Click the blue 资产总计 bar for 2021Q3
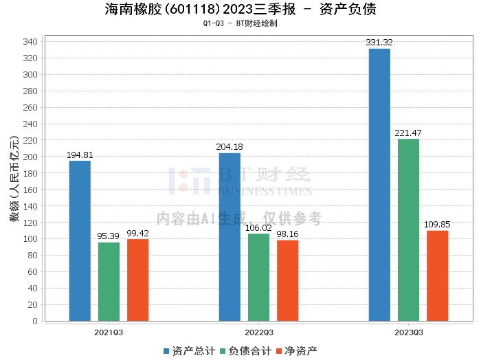coord(80,240)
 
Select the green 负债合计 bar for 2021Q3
coord(109,282)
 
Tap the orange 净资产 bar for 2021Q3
coord(137,280)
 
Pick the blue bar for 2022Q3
coord(230,237)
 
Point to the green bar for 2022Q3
coord(258,277)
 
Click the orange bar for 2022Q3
coord(287,280)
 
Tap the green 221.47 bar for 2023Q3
coord(408,229)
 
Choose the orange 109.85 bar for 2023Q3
coord(437,275)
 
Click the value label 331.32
coord(379,43)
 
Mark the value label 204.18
coord(230,147)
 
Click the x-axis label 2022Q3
coord(258,333)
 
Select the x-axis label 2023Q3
coord(408,333)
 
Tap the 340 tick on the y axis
coord(30,42)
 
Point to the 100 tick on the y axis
coord(30,239)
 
